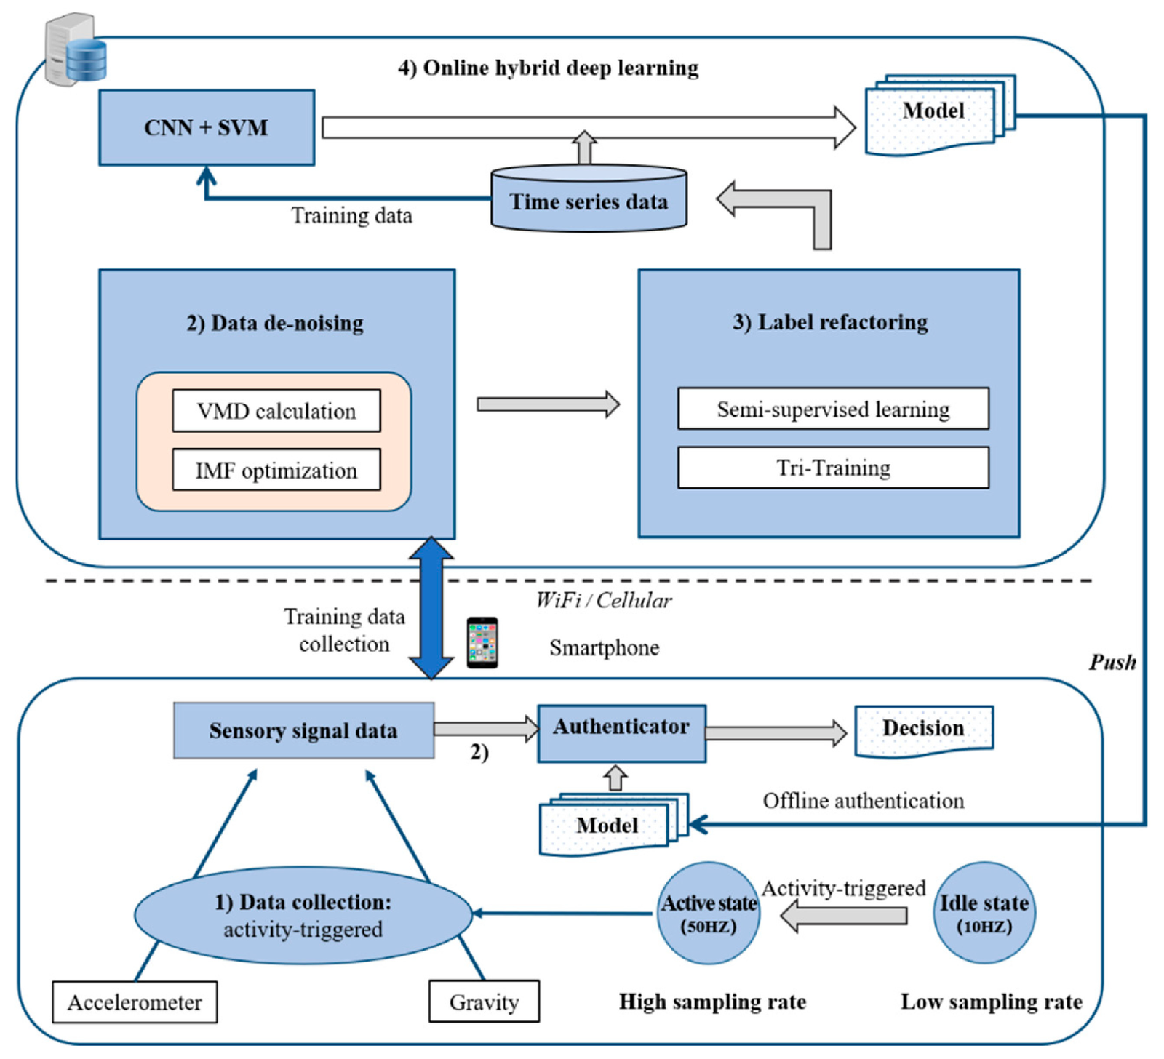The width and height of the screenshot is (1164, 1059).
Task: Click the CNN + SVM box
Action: click(207, 127)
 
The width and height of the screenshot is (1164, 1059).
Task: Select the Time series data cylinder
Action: click(589, 199)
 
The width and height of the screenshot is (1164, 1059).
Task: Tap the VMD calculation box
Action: click(276, 411)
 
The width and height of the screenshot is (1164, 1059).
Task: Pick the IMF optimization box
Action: click(276, 470)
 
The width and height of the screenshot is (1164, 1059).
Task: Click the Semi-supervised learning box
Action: click(833, 409)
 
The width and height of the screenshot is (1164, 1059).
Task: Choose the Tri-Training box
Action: click(833, 468)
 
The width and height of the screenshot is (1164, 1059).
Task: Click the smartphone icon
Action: click(482, 642)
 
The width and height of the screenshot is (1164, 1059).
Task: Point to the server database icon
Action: click(76, 49)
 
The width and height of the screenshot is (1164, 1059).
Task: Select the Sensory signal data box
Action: click(303, 730)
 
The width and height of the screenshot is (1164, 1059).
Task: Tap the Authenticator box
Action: click(621, 733)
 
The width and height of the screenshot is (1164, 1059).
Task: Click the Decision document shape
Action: click(924, 731)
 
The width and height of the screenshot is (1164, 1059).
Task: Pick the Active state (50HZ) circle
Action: click(709, 913)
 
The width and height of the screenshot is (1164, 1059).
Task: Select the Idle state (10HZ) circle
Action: click(984, 913)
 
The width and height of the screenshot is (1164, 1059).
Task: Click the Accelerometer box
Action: click(135, 1002)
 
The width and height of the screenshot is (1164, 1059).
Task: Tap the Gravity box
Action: click(484, 1002)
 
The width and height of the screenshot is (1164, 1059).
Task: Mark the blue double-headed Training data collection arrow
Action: click(431, 608)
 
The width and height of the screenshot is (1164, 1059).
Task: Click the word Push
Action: click(1112, 662)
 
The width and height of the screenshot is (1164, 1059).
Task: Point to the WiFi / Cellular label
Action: click(604, 600)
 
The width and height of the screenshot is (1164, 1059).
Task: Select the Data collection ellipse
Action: click(303, 915)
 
